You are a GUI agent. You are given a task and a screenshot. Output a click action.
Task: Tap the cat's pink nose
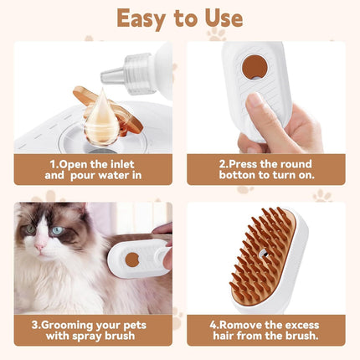39,248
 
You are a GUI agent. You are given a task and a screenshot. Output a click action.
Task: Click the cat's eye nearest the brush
57,231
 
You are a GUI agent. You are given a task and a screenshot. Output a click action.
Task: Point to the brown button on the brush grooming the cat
131,260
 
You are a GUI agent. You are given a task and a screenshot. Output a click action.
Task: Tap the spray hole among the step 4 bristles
264,253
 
